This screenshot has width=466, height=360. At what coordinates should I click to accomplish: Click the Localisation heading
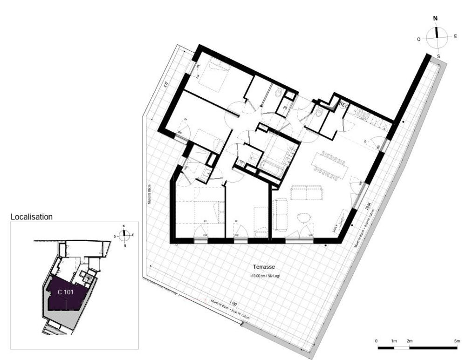click(31, 217)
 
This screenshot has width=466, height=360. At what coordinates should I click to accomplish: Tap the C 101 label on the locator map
click(66, 292)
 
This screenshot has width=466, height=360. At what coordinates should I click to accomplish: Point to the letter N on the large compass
click(436, 19)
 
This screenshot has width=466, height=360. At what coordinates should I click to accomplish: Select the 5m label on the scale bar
click(456, 341)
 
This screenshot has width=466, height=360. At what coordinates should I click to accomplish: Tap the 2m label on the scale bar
click(410, 341)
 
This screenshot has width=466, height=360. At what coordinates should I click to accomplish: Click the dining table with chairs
click(331, 164)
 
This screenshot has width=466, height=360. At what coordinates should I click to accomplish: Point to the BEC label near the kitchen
click(344, 104)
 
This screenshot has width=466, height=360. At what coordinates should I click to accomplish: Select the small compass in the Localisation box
click(124, 235)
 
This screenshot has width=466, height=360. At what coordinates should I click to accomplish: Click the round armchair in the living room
click(303, 218)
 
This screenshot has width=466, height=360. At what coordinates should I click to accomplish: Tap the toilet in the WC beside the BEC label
click(319, 113)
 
